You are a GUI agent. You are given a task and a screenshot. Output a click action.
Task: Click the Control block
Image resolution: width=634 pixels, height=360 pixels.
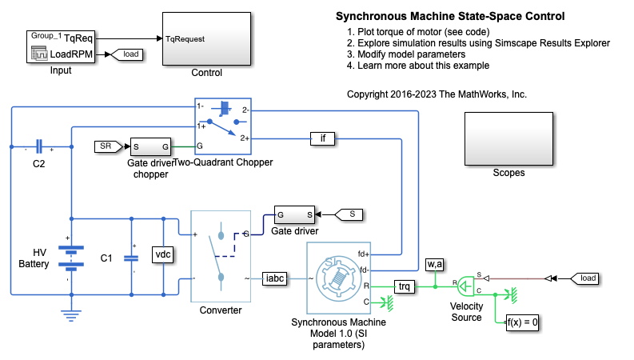pos(206,38)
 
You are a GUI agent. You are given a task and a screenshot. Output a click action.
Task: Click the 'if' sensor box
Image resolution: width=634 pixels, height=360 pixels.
pos(323,139)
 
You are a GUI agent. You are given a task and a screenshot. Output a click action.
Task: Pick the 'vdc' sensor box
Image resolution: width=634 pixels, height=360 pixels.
pos(163,254)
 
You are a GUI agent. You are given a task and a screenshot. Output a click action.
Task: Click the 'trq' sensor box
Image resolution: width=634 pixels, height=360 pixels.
pos(405,285)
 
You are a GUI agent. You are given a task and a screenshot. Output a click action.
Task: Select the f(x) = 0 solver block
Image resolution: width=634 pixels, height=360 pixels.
pos(523,323)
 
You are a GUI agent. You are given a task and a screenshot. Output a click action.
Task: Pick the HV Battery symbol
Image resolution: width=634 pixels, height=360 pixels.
pos(71,254)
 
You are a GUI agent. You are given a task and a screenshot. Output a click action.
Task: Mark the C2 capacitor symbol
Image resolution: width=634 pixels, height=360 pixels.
pos(38,147)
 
